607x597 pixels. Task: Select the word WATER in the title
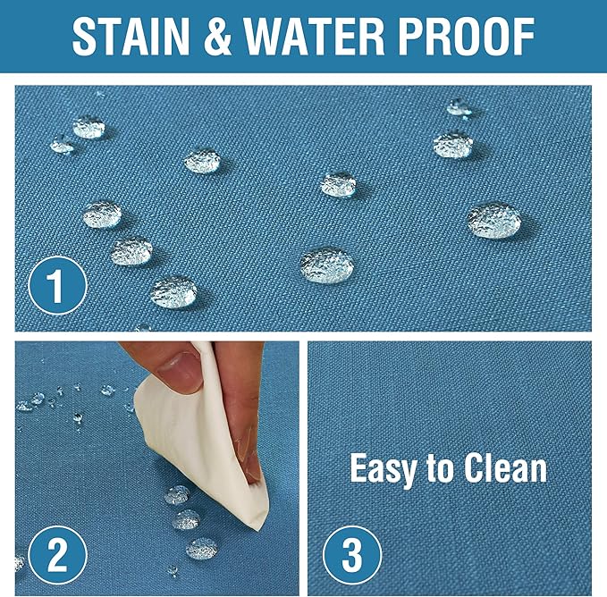click(314, 37)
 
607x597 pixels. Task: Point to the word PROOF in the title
click(466, 37)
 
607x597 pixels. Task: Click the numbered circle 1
click(58, 285)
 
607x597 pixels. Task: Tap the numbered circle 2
click(58, 555)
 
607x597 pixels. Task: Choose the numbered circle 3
click(352, 555)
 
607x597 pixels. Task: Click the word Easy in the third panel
click(382, 470)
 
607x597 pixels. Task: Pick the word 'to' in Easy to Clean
click(439, 469)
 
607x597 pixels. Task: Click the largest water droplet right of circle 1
click(173, 292)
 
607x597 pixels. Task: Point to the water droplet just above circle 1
click(131, 251)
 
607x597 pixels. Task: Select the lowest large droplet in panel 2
click(202, 549)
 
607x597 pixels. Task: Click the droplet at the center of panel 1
click(338, 184)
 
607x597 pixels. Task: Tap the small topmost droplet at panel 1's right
click(459, 107)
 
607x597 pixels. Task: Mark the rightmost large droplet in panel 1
click(494, 220)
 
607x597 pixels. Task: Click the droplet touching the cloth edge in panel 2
click(177, 495)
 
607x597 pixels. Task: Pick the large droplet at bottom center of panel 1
click(327, 265)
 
